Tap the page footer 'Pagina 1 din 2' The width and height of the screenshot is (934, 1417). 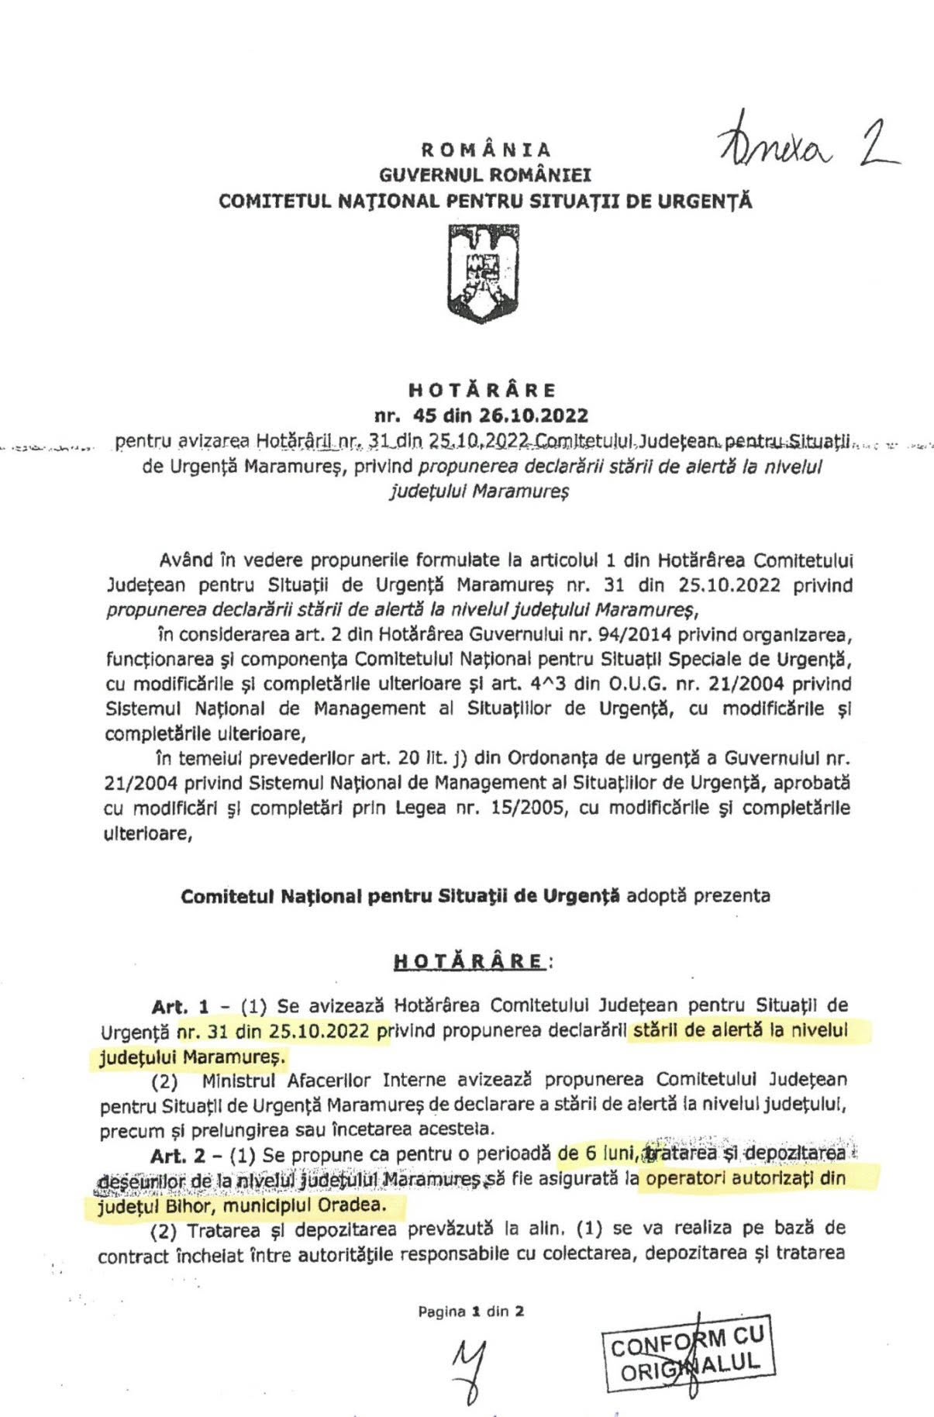[471, 1312]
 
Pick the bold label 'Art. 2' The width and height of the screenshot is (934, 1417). [181, 1156]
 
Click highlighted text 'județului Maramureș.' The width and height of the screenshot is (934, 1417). [193, 1057]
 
